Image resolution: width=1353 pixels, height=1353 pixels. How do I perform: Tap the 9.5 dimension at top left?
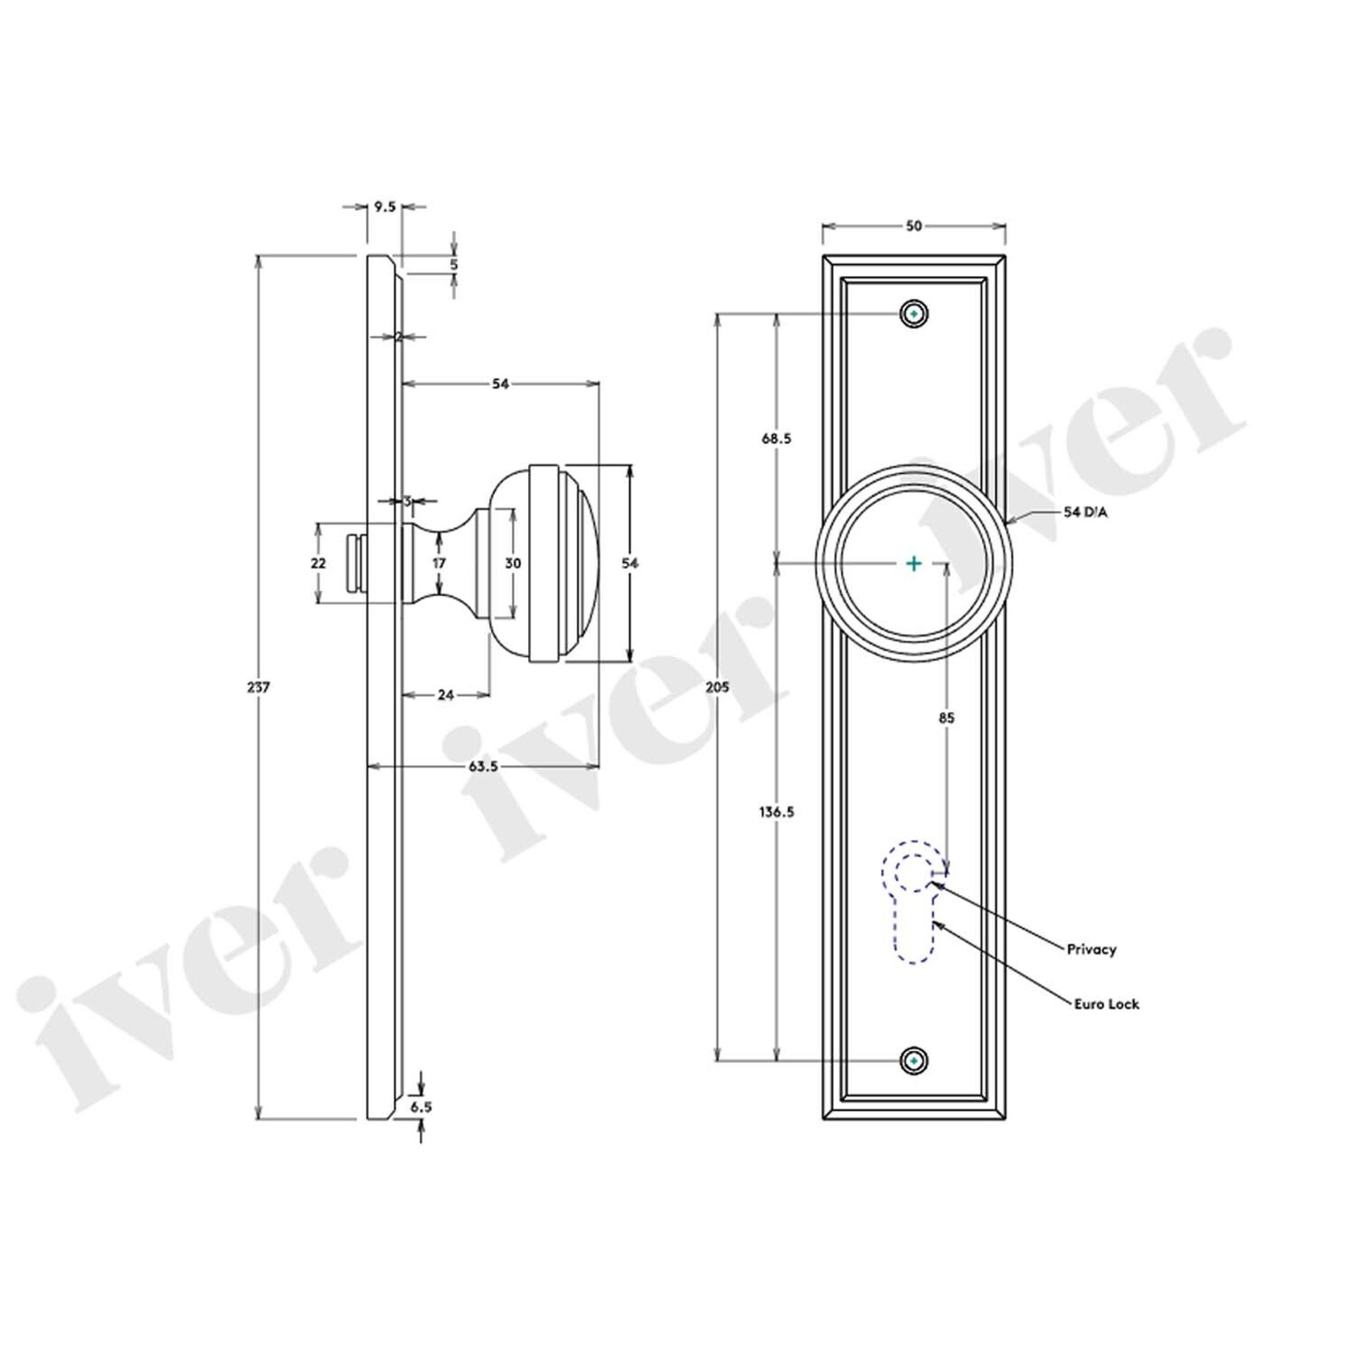coord(385,207)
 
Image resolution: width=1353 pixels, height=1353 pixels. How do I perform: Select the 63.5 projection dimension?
coord(483,766)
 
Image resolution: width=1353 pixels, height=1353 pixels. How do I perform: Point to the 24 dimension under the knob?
coord(446,694)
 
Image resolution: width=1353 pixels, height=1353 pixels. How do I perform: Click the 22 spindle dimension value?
coord(318,563)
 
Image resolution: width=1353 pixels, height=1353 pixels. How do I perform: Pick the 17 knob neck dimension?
coord(438,563)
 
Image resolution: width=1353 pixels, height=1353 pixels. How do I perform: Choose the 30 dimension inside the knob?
coord(513,563)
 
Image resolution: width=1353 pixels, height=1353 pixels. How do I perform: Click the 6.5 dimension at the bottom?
coord(421,1108)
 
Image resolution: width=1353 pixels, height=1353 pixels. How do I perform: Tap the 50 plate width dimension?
coord(913,227)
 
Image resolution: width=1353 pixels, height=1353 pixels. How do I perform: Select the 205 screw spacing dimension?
coord(717,687)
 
